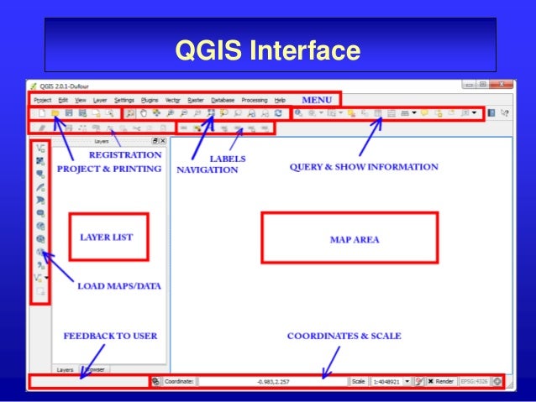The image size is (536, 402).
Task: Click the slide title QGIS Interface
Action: pos(267,51)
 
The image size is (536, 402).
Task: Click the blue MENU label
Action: pos(317,99)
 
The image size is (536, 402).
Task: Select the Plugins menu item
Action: pos(150,100)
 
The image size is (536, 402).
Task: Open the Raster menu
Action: pos(196,100)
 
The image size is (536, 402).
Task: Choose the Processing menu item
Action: pos(255,100)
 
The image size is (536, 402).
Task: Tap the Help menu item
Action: pos(281,100)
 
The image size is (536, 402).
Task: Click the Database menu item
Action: pos(223,100)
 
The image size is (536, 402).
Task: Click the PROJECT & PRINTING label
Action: pos(108,168)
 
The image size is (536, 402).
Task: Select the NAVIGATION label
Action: pos(207,170)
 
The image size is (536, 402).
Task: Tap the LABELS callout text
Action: pos(228,158)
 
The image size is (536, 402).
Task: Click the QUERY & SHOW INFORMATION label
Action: pos(364,167)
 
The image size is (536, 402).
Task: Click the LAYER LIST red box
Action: pos(107,238)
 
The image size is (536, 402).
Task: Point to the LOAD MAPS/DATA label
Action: pos(119,285)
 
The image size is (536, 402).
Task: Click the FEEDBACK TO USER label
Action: pos(110,336)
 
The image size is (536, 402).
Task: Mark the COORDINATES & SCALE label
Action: pos(344,336)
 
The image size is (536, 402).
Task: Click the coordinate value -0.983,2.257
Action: pos(272,381)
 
